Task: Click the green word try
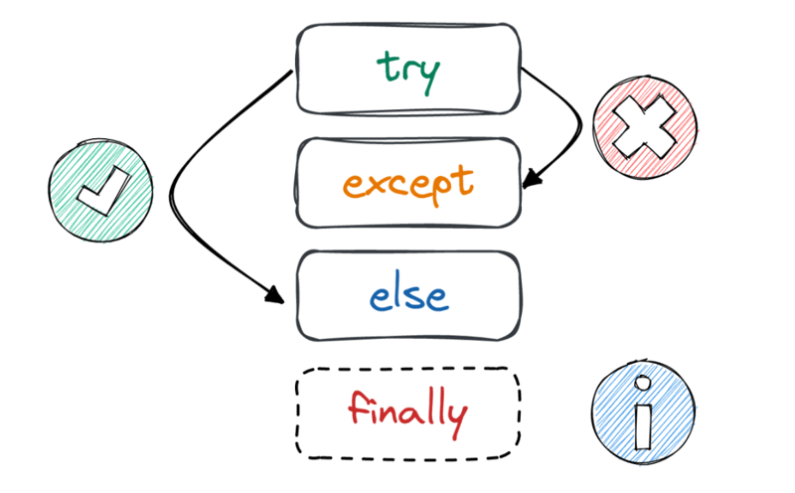coord(408,71)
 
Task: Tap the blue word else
coord(408,294)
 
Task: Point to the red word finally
coord(407,411)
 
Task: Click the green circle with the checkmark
coord(101,190)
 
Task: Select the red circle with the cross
coord(644,127)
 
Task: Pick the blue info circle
coord(643,412)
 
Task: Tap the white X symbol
coord(644,127)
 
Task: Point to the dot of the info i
coord(644,383)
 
